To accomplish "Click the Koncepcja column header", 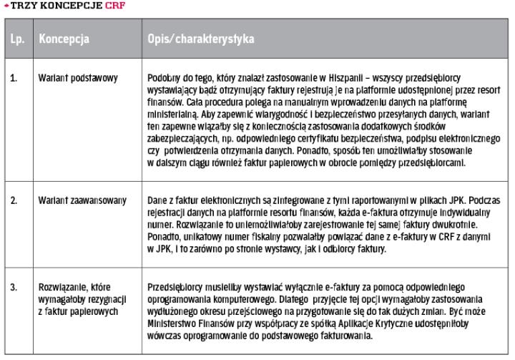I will (x=64, y=38).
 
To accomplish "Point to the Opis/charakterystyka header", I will (x=201, y=38).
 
